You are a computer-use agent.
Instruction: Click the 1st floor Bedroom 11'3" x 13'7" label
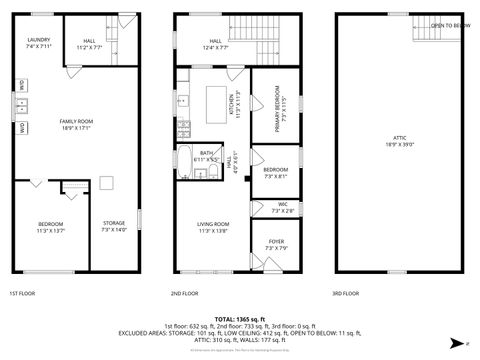51,226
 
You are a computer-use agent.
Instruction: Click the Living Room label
214,226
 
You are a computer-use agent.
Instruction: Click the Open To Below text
450,25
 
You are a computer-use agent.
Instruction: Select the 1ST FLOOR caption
23,294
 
